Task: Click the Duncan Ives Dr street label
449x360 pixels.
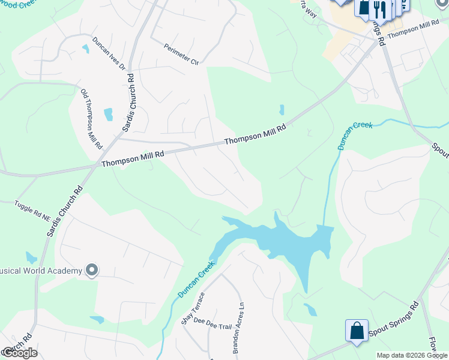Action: [x=109, y=53]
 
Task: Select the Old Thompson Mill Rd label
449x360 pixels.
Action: [x=92, y=119]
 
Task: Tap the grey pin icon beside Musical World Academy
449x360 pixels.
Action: [x=92, y=271]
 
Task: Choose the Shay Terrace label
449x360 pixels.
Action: [x=193, y=307]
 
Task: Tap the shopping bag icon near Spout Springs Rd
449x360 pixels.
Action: [x=356, y=331]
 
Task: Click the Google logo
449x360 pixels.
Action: [x=19, y=353]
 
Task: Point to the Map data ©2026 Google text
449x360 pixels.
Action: [x=412, y=355]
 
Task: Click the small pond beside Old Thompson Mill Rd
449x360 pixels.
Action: [x=109, y=114]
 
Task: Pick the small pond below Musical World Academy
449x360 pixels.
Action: [x=96, y=319]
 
